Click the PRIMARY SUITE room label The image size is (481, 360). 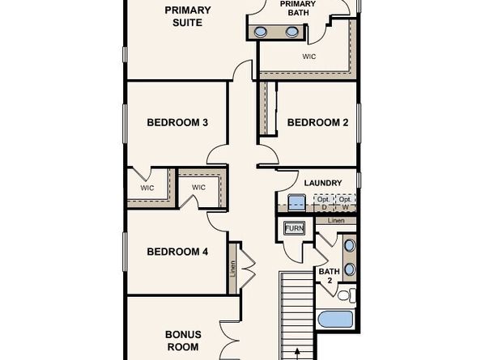click(x=187, y=16)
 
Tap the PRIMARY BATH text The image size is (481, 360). click(x=297, y=8)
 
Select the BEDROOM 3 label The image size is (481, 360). click(x=177, y=123)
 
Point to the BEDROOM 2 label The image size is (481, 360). click(x=317, y=123)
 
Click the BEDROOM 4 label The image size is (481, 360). click(x=177, y=252)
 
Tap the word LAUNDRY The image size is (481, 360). click(x=322, y=183)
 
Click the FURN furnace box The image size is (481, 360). click(x=293, y=229)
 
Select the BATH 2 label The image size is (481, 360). click(x=329, y=276)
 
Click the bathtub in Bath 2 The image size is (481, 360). click(x=335, y=318)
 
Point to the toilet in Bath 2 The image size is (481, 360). click(x=346, y=294)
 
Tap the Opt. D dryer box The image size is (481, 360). click(x=321, y=202)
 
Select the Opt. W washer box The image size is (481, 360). click(x=346, y=202)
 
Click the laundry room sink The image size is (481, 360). click(x=296, y=203)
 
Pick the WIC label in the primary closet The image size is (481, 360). click(x=309, y=57)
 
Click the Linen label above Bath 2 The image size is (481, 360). click(x=336, y=220)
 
